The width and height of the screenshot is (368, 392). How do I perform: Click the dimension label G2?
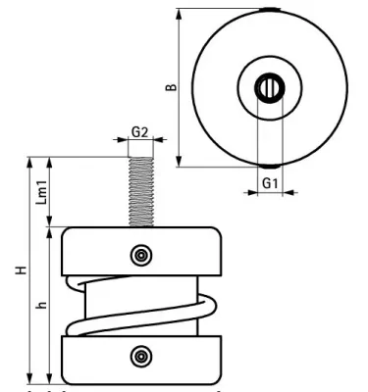coord(141,130)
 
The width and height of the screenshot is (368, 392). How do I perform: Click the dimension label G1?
coord(271,182)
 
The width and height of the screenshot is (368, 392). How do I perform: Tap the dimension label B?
coord(170,87)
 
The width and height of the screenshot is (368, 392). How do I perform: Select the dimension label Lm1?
coord(40,191)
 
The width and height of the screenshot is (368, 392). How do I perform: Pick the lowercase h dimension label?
coord(41,306)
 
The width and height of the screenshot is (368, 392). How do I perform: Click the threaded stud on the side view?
coord(141,186)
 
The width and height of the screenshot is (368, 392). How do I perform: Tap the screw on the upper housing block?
coord(142,255)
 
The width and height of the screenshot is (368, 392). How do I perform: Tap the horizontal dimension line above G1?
coord(270,192)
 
